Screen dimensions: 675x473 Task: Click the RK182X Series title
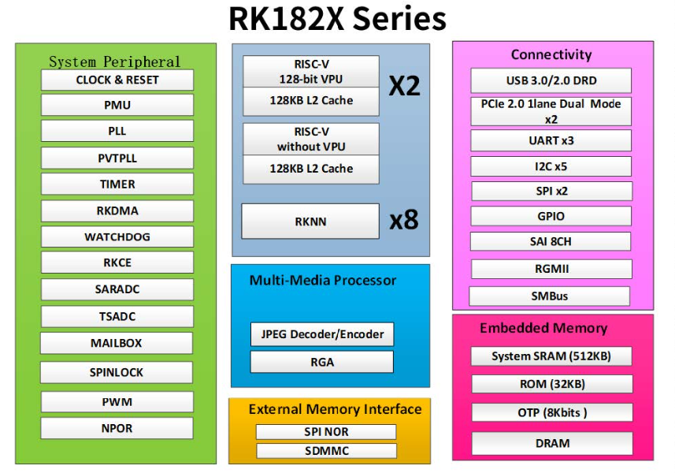(337, 19)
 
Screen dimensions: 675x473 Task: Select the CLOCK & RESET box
(117, 80)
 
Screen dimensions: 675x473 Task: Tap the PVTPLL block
(117, 158)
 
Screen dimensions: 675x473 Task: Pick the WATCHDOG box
(117, 236)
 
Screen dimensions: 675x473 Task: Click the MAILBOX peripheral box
(117, 343)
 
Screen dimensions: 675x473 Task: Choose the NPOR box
(117, 428)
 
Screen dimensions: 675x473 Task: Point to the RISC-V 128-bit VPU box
(311, 72)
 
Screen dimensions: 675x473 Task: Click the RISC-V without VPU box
(311, 140)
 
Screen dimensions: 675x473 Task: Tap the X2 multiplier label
(404, 86)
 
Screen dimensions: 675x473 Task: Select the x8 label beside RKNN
(404, 220)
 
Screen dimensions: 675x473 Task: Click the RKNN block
(310, 222)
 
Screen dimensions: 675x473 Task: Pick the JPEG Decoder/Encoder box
(322, 334)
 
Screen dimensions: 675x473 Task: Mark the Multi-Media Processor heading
(323, 281)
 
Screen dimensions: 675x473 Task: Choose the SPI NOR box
(326, 432)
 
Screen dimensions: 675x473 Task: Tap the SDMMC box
(326, 451)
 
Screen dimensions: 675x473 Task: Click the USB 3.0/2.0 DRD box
(551, 80)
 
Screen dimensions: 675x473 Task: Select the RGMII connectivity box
(551, 269)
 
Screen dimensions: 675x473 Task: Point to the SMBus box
(549, 296)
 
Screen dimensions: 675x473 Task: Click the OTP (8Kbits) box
(552, 412)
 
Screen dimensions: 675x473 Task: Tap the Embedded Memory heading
(543, 328)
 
